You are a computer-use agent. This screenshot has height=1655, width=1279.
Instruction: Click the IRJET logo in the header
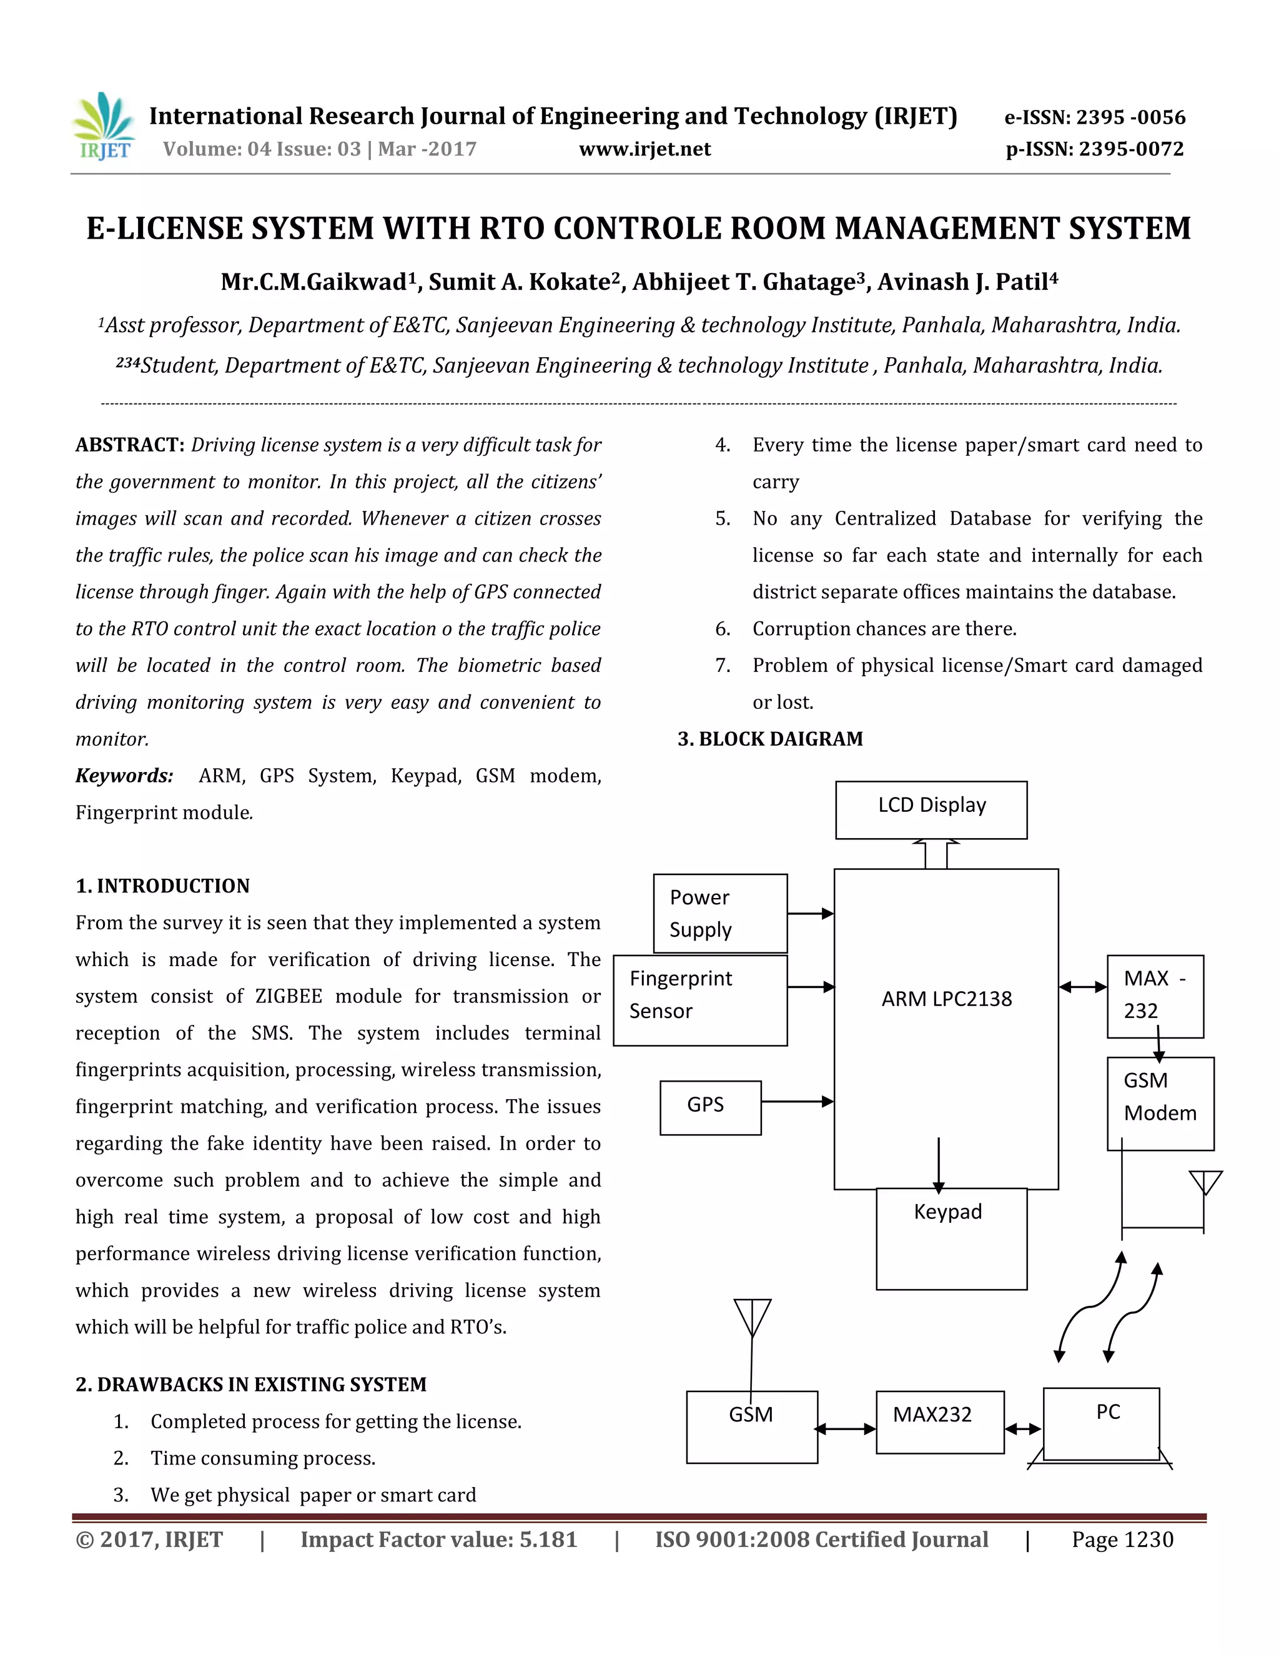(x=104, y=127)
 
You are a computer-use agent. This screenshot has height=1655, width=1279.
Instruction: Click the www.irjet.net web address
(x=644, y=149)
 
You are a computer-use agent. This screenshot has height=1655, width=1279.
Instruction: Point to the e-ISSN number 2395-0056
(x=1095, y=117)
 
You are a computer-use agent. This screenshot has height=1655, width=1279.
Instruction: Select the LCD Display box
(x=931, y=809)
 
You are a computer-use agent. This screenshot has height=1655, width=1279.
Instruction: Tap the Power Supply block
(x=720, y=913)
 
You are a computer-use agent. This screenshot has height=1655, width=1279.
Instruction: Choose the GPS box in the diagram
(x=710, y=1107)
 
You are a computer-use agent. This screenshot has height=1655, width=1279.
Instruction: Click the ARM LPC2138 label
(x=946, y=999)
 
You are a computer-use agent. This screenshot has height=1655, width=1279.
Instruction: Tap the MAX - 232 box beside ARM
(x=1155, y=995)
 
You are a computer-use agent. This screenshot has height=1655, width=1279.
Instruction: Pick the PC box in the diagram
(x=1101, y=1422)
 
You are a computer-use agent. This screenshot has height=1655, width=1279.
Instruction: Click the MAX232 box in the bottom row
(x=939, y=1421)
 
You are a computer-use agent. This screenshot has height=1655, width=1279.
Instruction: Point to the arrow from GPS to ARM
(x=797, y=1101)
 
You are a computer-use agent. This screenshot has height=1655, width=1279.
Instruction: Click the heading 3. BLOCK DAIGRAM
(x=770, y=739)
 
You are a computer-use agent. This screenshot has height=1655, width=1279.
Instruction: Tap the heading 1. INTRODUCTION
(x=162, y=886)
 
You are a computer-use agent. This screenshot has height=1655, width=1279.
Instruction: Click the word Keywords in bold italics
(x=124, y=775)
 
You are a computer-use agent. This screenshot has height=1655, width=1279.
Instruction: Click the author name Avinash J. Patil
(x=967, y=282)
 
